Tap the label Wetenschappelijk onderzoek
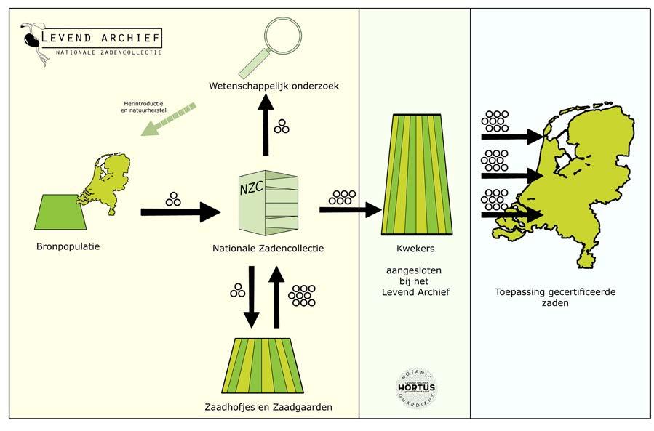273,86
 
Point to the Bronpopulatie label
68,246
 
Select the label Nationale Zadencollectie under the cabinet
268,249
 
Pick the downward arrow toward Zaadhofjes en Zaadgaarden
251,297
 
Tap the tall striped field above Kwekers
415,174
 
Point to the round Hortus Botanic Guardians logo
416,388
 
